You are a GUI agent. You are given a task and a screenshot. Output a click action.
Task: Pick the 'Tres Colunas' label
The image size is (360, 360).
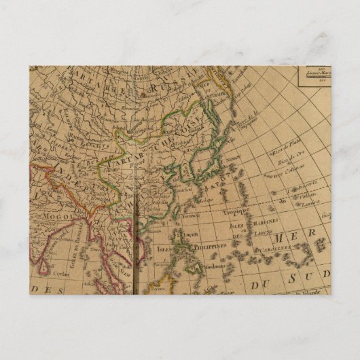pos(290,170)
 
